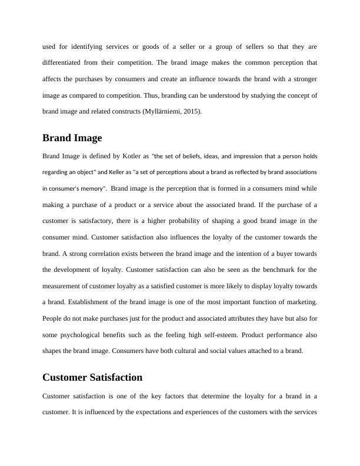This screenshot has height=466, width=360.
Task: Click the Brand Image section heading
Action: pos(72,138)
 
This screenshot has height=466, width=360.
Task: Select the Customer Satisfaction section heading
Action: pos(92,377)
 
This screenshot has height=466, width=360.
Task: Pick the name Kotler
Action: pos(130,157)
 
